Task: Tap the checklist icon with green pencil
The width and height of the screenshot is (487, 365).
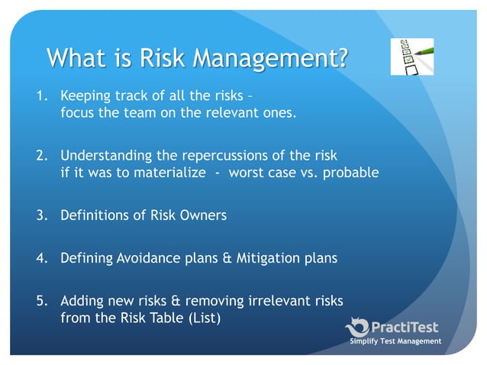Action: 412,56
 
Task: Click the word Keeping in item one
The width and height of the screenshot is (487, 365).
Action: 85,98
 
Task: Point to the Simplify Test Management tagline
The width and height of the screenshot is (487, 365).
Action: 395,341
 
